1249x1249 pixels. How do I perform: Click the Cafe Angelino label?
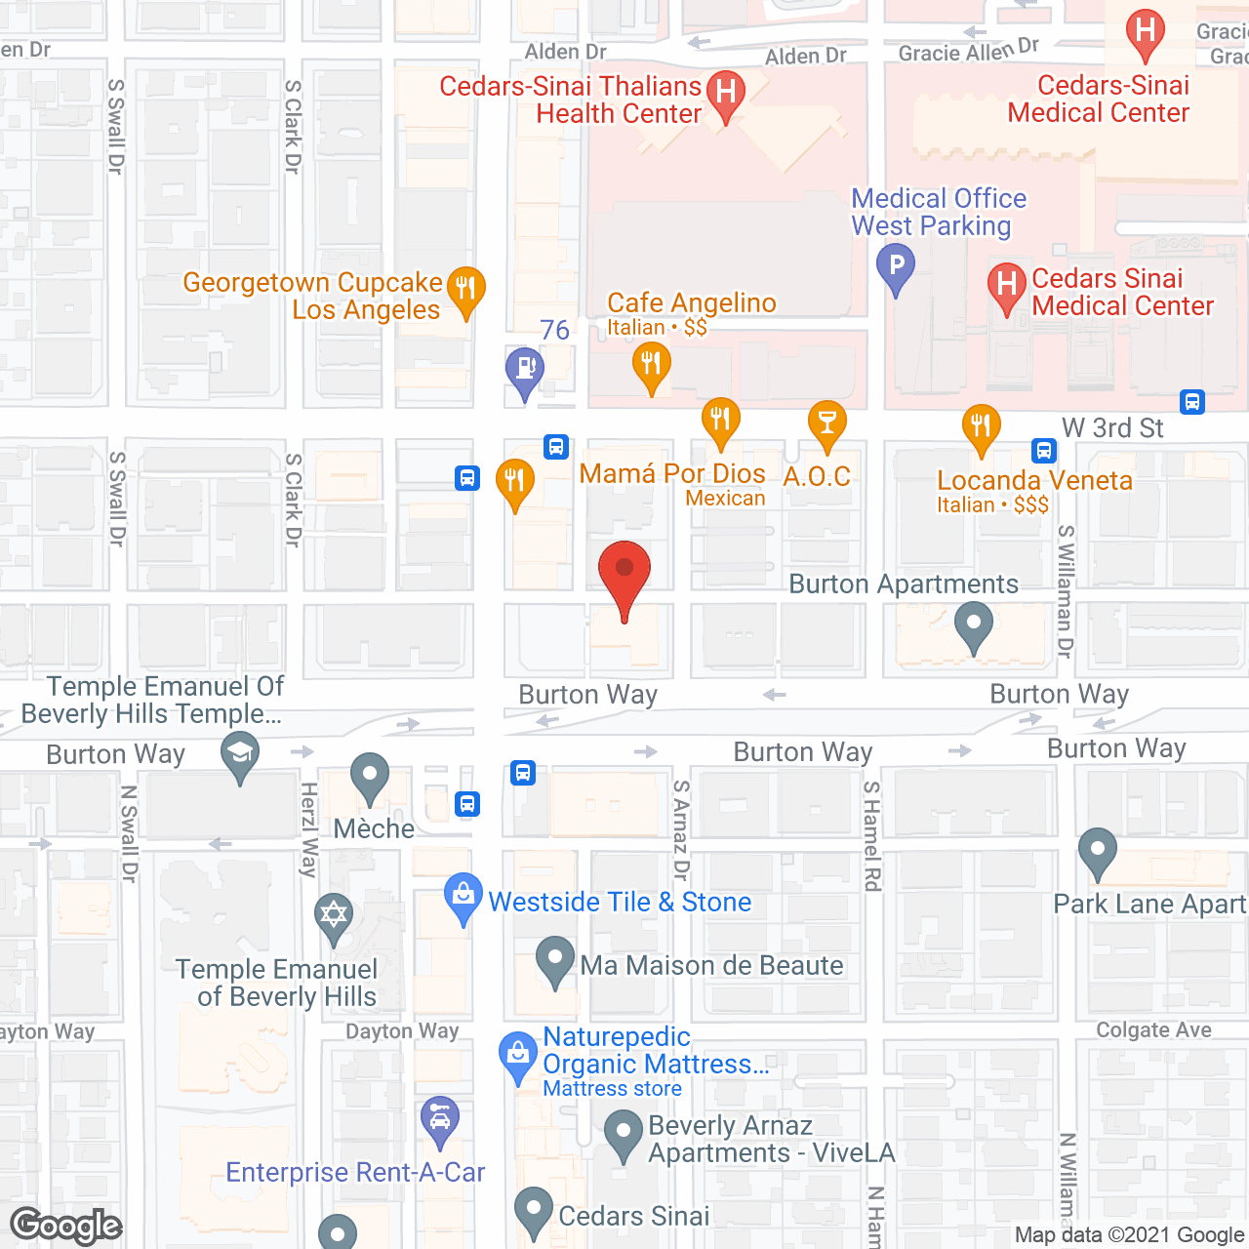691,303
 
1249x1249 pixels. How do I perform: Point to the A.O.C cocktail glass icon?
826,424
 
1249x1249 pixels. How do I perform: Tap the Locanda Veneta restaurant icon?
981,427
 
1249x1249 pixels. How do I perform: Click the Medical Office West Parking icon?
896,266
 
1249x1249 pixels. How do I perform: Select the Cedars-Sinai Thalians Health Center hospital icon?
725,95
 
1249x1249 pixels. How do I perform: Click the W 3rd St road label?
1112,427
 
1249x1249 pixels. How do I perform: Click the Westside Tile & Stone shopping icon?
463,896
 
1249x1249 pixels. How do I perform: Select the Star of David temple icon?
334,917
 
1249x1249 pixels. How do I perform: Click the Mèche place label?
374,828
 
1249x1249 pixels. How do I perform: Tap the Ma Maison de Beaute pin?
554,959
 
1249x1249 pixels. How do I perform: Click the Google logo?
66,1226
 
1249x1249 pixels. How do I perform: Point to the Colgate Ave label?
1153,1030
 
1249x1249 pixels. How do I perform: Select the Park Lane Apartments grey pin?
1098,851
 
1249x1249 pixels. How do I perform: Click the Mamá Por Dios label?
672,474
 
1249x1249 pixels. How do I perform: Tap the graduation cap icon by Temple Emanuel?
240,755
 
